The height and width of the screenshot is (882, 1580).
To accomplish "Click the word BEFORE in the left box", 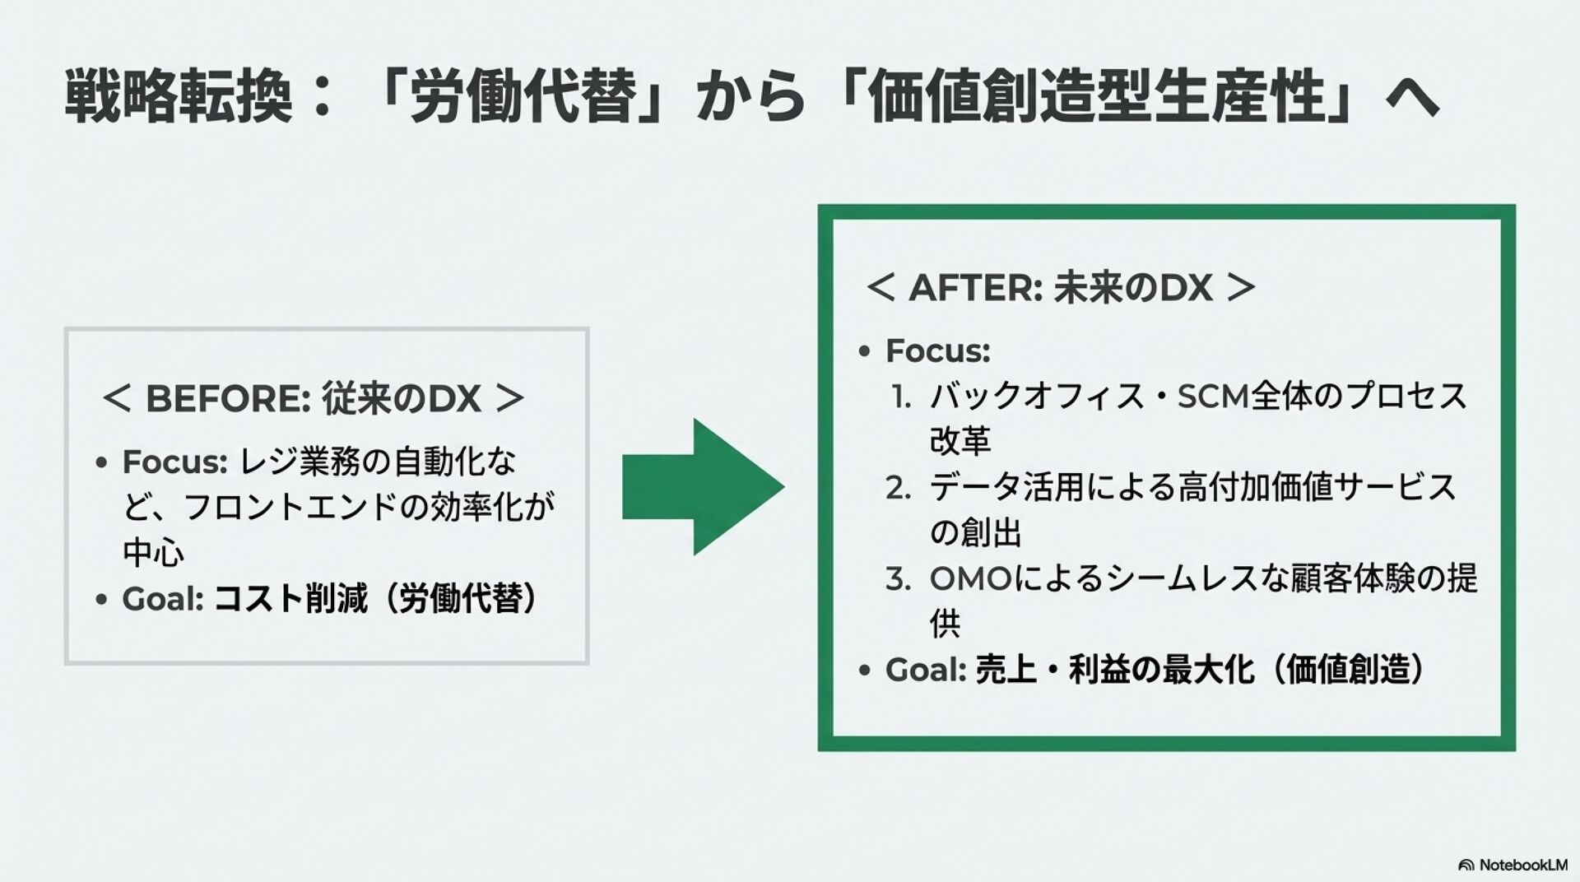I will tap(227, 399).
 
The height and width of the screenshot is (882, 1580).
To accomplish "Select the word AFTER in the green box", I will tap(975, 288).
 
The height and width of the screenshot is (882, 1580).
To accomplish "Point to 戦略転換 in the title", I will tap(178, 98).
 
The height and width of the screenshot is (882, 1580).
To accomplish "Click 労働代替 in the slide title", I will tap(523, 98).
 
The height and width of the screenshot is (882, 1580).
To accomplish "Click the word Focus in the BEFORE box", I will tap(174, 462).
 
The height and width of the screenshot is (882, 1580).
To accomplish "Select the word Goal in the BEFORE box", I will tap(162, 599).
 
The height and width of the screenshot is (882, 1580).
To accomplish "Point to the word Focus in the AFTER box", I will tap(937, 351).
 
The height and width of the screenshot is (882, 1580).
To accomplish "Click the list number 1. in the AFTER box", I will tap(901, 397).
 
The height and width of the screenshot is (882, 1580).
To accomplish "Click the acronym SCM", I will tap(1214, 397).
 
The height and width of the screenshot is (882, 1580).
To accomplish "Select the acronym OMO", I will tap(970, 579).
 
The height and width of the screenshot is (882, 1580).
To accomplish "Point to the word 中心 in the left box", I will tap(154, 552).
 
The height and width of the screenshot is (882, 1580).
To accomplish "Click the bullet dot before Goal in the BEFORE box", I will tap(101, 600).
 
